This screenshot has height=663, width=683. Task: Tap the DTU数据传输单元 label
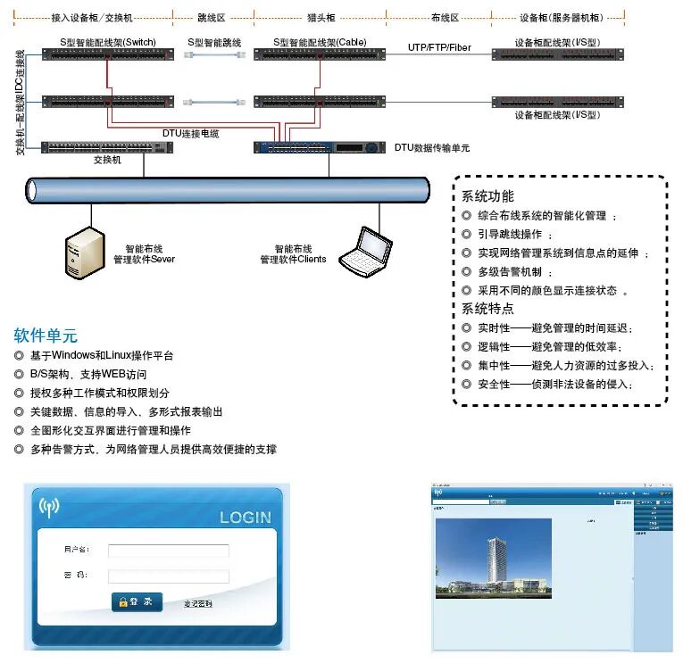[432, 148]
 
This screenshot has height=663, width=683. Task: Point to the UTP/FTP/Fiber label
[439, 46]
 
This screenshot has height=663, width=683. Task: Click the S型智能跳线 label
[214, 42]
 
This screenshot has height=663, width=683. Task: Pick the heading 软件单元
[46, 336]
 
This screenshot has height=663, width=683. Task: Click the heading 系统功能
[487, 196]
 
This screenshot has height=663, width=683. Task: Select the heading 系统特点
[487, 309]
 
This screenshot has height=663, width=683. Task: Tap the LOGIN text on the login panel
[245, 518]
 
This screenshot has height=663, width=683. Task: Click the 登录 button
[137, 601]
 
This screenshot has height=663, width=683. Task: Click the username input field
[169, 551]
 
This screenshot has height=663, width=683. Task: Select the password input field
[169, 576]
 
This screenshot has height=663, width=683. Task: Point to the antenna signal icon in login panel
[49, 507]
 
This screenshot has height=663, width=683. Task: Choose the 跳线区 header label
[214, 17]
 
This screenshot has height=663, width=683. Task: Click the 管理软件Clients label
[293, 260]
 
